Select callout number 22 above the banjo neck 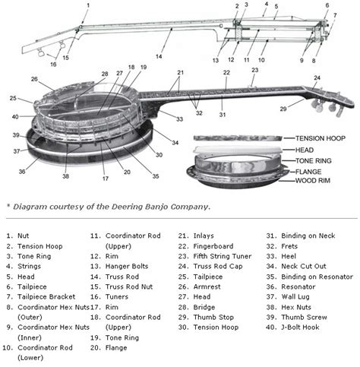pos(226,72)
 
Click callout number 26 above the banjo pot pos(34,78)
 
